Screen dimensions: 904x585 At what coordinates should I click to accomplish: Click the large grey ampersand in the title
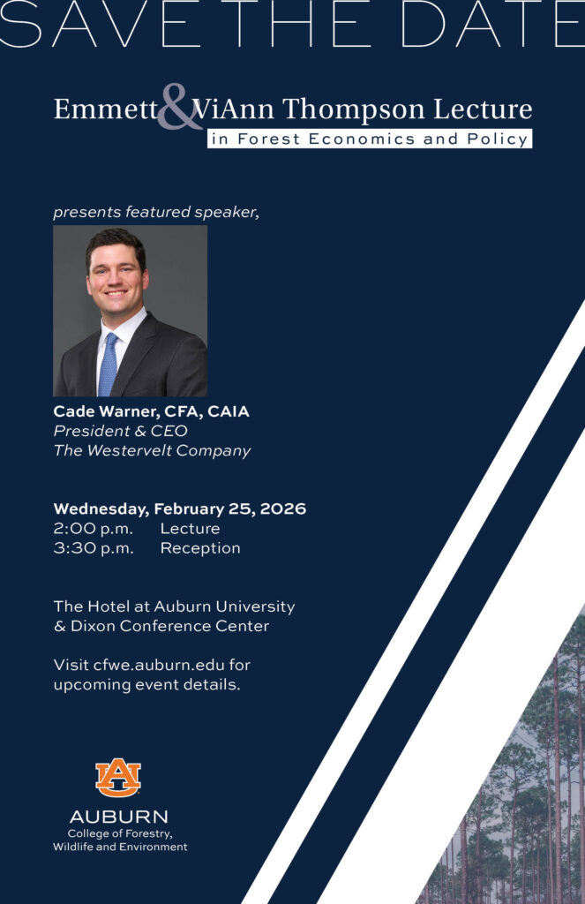coord(180,108)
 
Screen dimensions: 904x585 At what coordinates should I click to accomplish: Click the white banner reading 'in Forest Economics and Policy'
coord(370,139)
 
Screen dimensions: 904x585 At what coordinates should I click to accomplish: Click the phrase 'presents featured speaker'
coord(155,212)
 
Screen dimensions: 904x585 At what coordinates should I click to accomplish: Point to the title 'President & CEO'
coord(120,431)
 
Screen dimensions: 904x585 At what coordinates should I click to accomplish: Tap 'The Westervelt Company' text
coord(152,451)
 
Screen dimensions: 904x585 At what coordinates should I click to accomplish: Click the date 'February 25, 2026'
coord(229,509)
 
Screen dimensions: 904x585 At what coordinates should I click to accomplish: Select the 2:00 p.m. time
coord(94,529)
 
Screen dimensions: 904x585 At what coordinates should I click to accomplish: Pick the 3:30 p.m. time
coord(94,548)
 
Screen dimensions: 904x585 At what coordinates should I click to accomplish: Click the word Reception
coord(200,548)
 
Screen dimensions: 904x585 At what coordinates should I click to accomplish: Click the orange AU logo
coord(118,778)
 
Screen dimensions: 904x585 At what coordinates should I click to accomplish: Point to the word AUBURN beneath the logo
coord(119,817)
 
